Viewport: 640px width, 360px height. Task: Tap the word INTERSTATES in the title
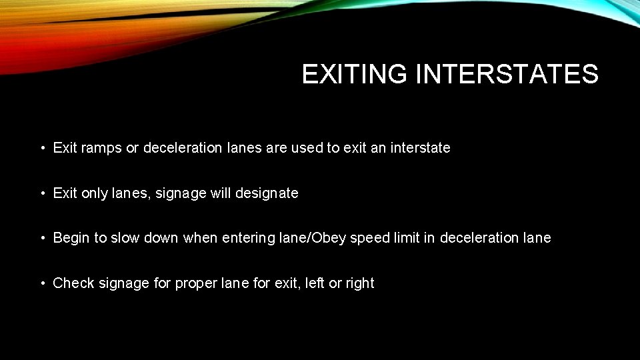[507, 74]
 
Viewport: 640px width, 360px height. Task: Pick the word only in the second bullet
[95, 193]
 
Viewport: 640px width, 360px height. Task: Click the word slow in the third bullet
[126, 238]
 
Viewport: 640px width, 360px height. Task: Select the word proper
[194, 283]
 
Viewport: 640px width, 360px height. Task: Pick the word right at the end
[360, 283]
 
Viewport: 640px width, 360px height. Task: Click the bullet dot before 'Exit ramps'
[42, 149]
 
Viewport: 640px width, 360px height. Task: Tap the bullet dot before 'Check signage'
[42, 284]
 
